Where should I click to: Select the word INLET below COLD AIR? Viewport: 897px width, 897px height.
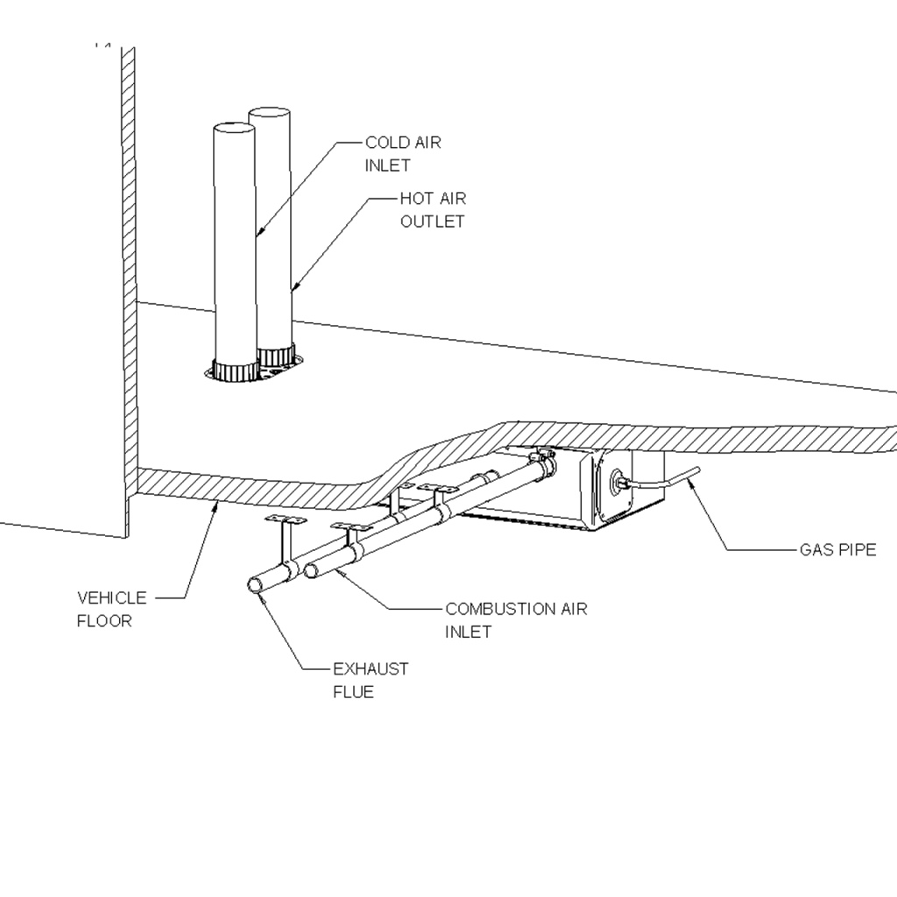388,166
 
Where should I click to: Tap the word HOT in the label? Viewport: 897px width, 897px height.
417,199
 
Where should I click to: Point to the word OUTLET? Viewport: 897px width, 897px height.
432,222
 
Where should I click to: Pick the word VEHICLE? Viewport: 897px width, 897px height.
112,598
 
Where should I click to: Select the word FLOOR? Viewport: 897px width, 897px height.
104,621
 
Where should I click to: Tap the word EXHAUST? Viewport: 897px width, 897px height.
371,669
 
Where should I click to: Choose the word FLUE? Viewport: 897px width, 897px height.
353,692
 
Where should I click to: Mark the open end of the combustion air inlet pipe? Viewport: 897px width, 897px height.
312,571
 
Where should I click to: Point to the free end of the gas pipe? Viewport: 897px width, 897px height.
697,471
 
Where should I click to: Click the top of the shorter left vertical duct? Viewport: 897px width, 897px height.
235,127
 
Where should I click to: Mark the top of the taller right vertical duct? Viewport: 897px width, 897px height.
269,112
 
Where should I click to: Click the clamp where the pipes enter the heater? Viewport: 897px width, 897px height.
543,461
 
